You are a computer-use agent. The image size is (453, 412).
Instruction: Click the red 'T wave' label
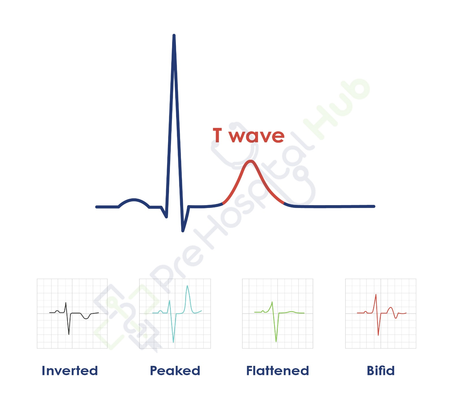pyautogui.click(x=248, y=136)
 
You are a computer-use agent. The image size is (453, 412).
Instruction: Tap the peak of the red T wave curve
pyautogui.click(x=251, y=161)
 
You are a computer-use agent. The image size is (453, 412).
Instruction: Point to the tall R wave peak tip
pyautogui.click(x=174, y=36)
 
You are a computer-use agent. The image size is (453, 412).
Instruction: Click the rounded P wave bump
pyautogui.click(x=134, y=200)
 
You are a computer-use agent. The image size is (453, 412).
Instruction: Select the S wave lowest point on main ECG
pyautogui.click(x=183, y=231)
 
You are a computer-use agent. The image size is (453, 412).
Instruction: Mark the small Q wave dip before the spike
pyautogui.click(x=166, y=217)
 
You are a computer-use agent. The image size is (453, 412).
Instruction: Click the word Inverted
pyautogui.click(x=70, y=371)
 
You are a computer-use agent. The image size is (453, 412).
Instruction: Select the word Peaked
pyautogui.click(x=175, y=371)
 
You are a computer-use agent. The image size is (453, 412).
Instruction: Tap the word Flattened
pyautogui.click(x=277, y=371)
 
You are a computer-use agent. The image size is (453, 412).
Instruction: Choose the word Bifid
pyautogui.click(x=381, y=371)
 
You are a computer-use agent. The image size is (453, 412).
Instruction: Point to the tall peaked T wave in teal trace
pyautogui.click(x=187, y=286)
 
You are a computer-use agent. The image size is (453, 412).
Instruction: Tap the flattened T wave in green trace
pyautogui.click(x=291, y=312)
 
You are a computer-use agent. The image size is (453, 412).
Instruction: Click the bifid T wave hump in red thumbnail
pyautogui.click(x=391, y=308)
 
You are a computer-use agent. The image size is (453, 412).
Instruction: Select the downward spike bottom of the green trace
pyautogui.click(x=276, y=342)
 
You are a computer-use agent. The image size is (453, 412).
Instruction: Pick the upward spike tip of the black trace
pyautogui.click(x=66, y=303)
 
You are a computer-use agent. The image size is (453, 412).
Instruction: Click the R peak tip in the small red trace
pyautogui.click(x=376, y=295)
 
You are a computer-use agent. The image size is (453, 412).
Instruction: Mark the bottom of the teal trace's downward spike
pyautogui.click(x=173, y=342)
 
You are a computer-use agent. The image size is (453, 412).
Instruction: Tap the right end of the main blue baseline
pyautogui.click(x=374, y=206)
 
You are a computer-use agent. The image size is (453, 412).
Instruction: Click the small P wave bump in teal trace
pyautogui.click(x=161, y=311)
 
